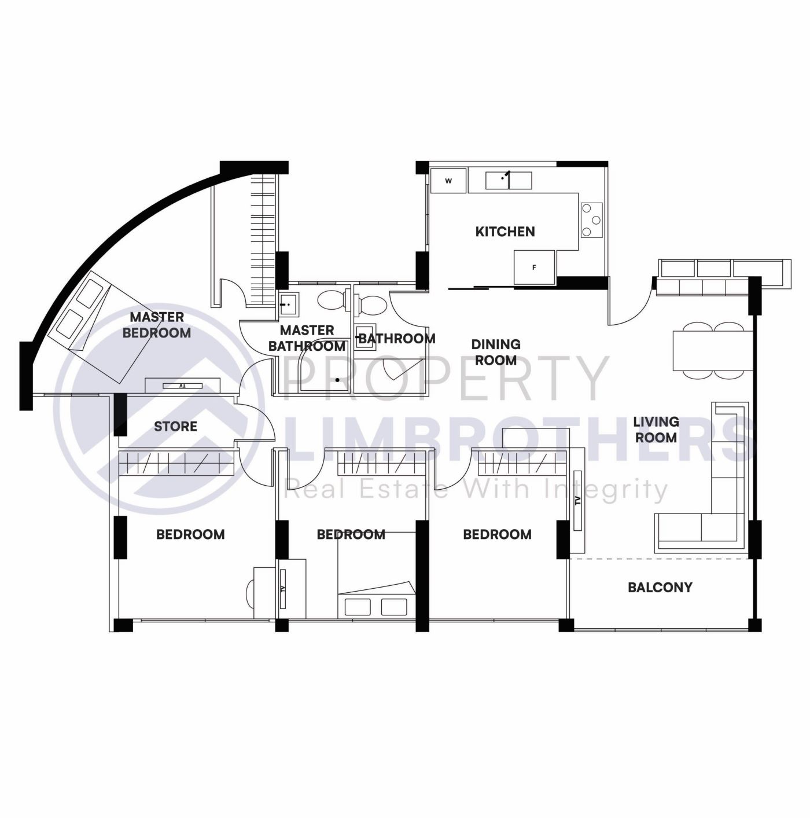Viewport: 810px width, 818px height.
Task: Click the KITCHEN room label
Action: click(505, 232)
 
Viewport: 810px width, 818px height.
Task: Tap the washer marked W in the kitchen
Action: click(448, 181)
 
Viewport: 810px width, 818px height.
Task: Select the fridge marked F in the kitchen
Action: click(534, 267)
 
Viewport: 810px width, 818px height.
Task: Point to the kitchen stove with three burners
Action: click(591, 219)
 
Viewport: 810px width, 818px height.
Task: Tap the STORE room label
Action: click(175, 427)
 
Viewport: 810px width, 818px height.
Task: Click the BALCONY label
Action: click(660, 588)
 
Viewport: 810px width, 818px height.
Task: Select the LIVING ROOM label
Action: click(656, 430)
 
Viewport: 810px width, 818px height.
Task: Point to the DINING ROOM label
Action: click(495, 352)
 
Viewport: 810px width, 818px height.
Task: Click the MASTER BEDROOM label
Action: click(157, 325)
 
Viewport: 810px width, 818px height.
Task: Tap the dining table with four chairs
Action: click(713, 350)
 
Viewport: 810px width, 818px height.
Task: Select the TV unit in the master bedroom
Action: click(182, 385)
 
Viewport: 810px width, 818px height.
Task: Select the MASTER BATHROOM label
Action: click(307, 338)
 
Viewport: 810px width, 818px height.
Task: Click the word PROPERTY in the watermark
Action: click(446, 379)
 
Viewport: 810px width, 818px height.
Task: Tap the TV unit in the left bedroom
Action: click(283, 589)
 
